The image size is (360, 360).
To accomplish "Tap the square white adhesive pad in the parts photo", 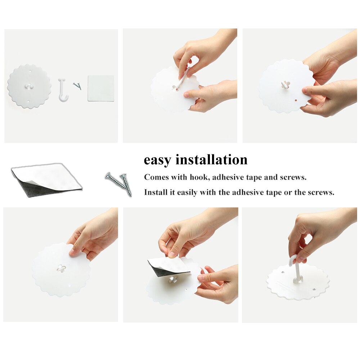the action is (x=101, y=88).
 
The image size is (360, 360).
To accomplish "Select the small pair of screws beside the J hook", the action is (x=78, y=86).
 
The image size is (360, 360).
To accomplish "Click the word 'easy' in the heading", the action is (x=157, y=160).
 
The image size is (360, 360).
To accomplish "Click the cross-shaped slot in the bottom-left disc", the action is (x=61, y=268).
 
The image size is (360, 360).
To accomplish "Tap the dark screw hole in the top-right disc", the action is (x=296, y=100).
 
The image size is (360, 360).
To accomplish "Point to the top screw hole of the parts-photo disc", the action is (x=31, y=71).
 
